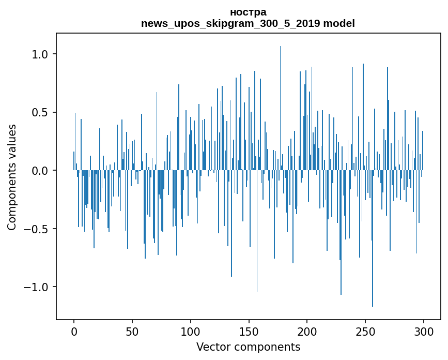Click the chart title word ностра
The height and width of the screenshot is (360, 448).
(x=248, y=12)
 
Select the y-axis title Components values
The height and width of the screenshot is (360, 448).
(x=12, y=177)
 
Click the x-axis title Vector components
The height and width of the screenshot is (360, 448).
(x=248, y=347)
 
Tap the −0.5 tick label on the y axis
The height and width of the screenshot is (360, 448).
(x=36, y=229)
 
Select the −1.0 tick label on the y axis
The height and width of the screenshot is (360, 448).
(x=36, y=287)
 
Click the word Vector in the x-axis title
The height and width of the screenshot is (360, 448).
(x=212, y=347)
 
